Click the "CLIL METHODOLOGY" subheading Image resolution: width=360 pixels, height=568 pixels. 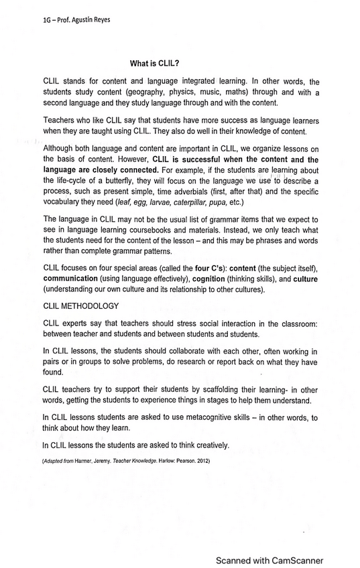click(81, 305)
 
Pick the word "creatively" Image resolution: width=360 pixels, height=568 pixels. click(208, 445)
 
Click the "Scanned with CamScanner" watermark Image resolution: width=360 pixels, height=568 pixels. click(269, 560)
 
